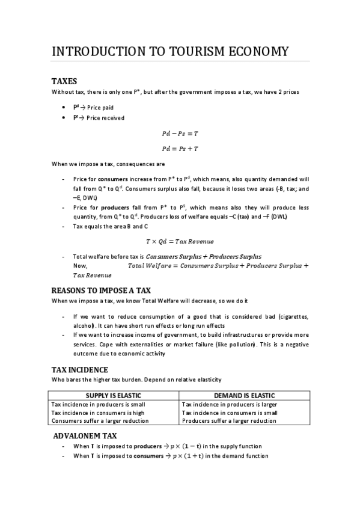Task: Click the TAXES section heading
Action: click(64, 81)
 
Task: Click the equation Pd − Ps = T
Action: click(180, 134)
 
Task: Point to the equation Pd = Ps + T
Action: click(180, 149)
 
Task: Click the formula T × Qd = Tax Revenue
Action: click(180, 241)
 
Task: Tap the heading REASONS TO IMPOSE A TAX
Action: click(101, 290)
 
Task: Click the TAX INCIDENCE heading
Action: click(79, 370)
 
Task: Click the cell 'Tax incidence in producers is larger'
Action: click(229, 404)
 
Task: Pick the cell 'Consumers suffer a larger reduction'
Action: click(99, 421)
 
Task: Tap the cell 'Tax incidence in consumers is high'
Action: click(98, 413)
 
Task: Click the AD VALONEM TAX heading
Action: click(85, 435)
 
